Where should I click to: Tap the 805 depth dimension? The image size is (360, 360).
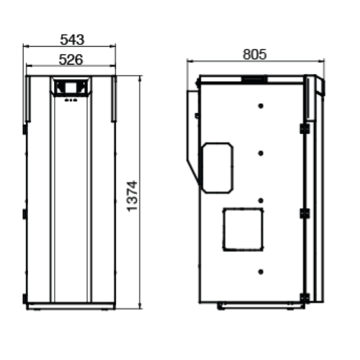(x=254, y=54)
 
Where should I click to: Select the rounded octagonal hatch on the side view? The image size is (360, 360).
(x=217, y=168)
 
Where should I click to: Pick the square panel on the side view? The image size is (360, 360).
(x=243, y=230)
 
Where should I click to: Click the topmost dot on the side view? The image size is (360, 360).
(x=260, y=105)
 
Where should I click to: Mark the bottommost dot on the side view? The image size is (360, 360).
(x=260, y=271)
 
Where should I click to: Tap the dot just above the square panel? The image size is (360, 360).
(x=260, y=200)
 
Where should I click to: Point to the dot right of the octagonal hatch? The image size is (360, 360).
(x=260, y=152)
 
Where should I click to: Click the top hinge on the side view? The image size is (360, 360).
(x=304, y=129)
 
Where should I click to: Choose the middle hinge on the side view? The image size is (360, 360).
(x=304, y=214)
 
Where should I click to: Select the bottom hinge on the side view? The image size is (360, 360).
(x=304, y=297)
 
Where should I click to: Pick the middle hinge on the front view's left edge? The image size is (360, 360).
(x=24, y=215)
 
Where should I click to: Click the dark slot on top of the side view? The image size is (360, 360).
(x=252, y=77)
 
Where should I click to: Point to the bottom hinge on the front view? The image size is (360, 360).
(x=24, y=298)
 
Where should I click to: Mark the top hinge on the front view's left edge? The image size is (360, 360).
(x=24, y=130)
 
